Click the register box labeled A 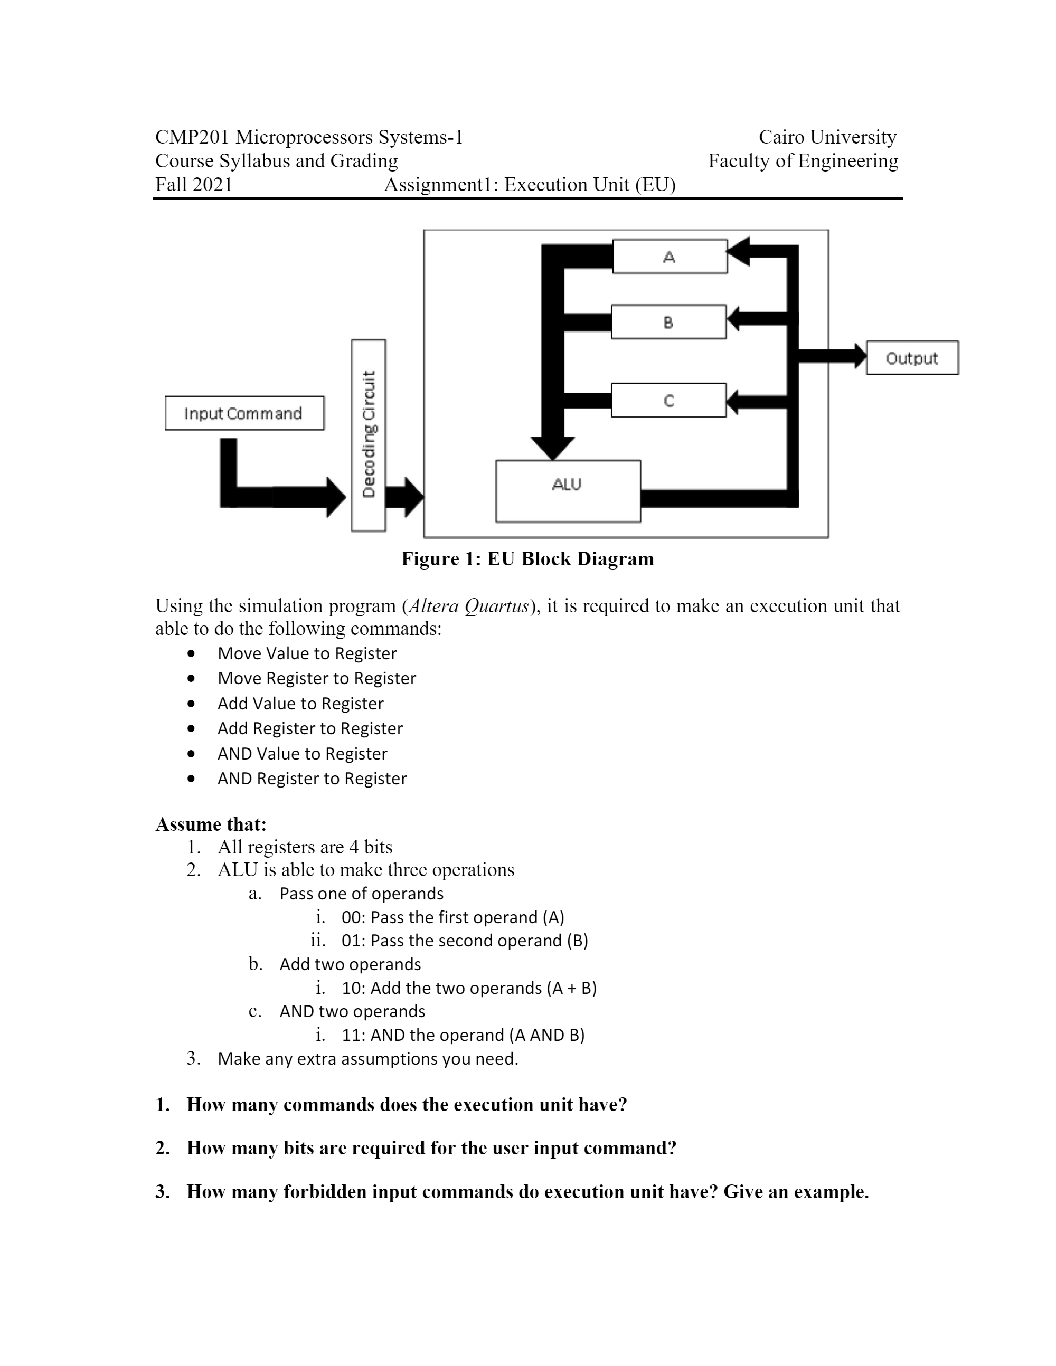(x=670, y=257)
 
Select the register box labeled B (x=668, y=322)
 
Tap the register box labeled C (x=668, y=400)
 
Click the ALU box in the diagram (x=568, y=491)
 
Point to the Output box (x=911, y=358)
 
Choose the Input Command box (x=244, y=413)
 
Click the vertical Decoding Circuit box (x=368, y=435)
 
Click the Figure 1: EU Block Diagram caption (x=527, y=558)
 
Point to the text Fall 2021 (x=194, y=185)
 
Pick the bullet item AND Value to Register (x=302, y=754)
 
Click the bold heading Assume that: (x=211, y=824)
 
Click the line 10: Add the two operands (x=468, y=988)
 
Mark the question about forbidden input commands (x=527, y=1191)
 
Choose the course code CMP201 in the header (x=192, y=137)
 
